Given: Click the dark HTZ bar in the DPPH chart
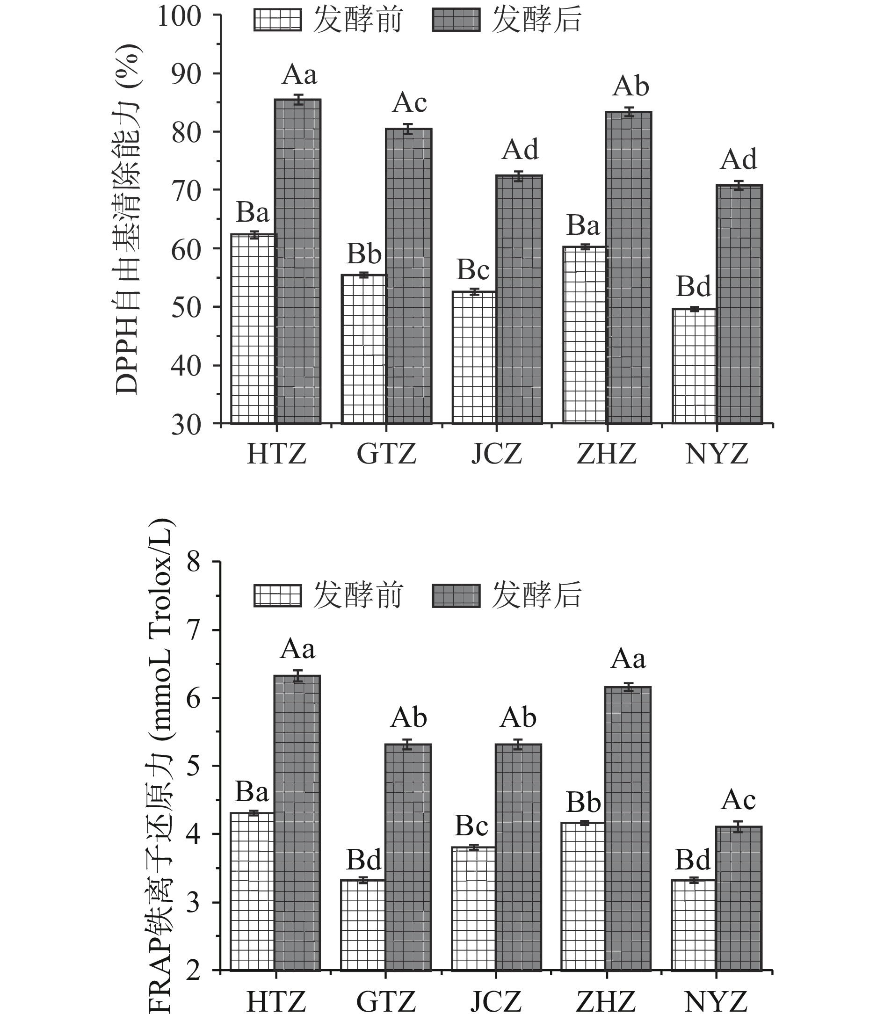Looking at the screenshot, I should (297, 261).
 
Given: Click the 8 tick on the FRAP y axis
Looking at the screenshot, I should (194, 562).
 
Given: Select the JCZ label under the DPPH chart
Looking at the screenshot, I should (496, 454).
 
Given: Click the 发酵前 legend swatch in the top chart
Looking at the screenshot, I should (277, 20).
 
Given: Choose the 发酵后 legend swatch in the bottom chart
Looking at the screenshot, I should (456, 595).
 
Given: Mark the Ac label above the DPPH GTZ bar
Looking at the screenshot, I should (409, 102).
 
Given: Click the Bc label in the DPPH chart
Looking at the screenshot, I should (473, 269).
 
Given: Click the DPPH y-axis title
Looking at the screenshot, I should (127, 219).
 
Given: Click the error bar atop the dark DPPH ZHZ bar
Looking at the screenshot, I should (629, 112).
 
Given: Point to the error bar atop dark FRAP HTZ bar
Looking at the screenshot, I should (297, 676).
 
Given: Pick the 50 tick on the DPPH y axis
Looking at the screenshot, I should (187, 307).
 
